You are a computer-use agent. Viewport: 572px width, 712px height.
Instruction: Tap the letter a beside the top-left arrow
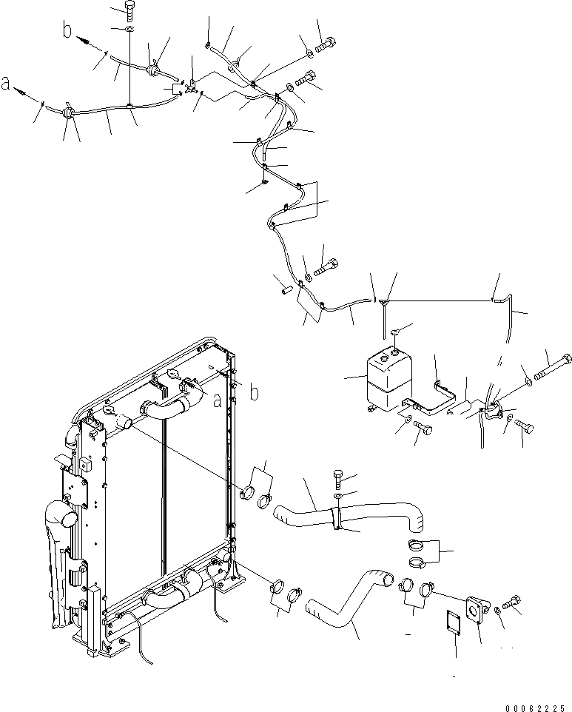[x=7, y=86]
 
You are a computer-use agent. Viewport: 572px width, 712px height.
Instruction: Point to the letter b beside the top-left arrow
[x=67, y=30]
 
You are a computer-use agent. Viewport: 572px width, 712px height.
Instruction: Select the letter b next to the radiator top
[x=253, y=392]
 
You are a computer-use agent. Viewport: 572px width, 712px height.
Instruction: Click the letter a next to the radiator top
[x=218, y=400]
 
